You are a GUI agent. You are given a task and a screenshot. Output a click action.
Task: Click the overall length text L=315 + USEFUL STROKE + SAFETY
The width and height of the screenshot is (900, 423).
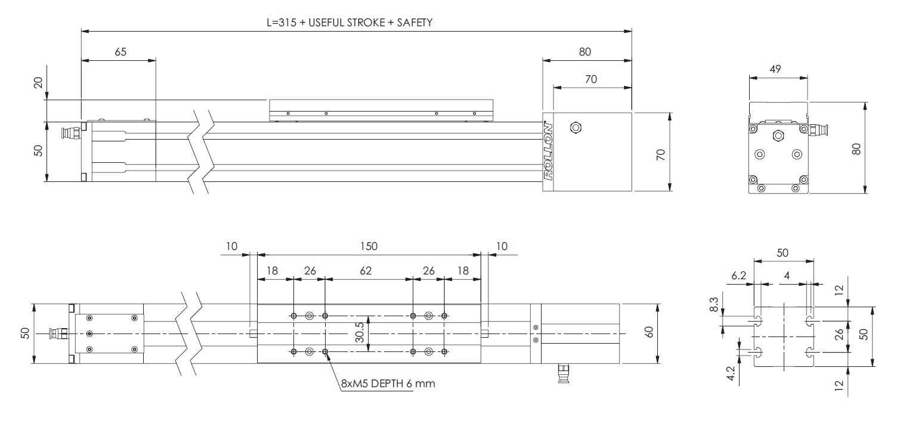click(349, 22)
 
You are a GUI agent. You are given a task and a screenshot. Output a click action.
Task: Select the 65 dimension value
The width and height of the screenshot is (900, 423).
click(120, 52)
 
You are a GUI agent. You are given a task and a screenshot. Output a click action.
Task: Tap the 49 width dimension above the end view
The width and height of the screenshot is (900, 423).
click(776, 69)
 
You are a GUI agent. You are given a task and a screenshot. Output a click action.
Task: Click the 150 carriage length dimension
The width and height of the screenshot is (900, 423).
click(369, 246)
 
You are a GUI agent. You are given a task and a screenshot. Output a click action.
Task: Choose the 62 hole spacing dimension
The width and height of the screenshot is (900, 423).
click(366, 270)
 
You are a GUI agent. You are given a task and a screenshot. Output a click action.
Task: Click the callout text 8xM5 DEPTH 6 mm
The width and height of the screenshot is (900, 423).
click(387, 384)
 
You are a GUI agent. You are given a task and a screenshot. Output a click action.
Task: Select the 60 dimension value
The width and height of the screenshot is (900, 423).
click(650, 332)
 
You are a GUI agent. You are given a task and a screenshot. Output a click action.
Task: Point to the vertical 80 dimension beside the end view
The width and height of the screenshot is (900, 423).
click(856, 147)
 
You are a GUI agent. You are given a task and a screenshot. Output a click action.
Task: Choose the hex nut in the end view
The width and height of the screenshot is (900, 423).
click(778, 135)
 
